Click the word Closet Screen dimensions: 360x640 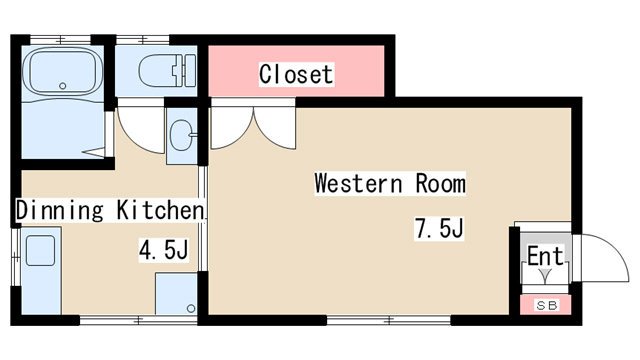(295, 74)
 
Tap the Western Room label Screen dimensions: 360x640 (390, 184)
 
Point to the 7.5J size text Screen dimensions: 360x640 (439, 229)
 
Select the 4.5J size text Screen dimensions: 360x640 (163, 250)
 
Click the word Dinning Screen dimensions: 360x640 (60, 211)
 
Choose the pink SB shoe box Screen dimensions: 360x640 (546, 305)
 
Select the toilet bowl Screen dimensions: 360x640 (160, 71)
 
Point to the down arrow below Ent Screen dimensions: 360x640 (545, 275)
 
